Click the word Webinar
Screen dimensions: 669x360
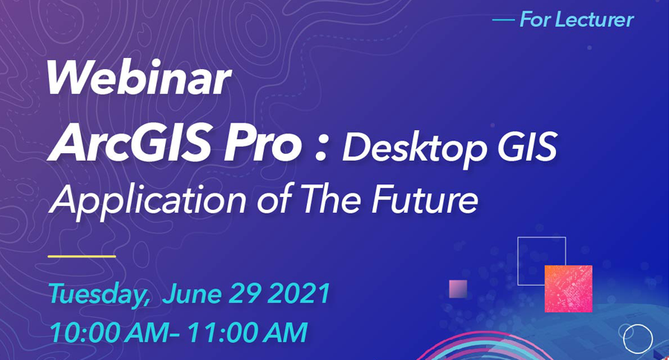pyautogui.click(x=139, y=78)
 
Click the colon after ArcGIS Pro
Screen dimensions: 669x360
pyautogui.click(x=321, y=147)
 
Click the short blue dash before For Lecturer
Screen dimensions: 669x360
pyautogui.click(x=503, y=19)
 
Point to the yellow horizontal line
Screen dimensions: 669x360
pyautogui.click(x=82, y=256)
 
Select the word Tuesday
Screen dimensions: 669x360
pyautogui.click(x=99, y=295)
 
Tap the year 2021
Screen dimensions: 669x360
pyautogui.click(x=300, y=293)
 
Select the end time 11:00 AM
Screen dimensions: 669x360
pyautogui.click(x=247, y=332)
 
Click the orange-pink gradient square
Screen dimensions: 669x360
pyautogui.click(x=569, y=289)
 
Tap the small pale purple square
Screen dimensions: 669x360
pyautogui.click(x=458, y=289)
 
